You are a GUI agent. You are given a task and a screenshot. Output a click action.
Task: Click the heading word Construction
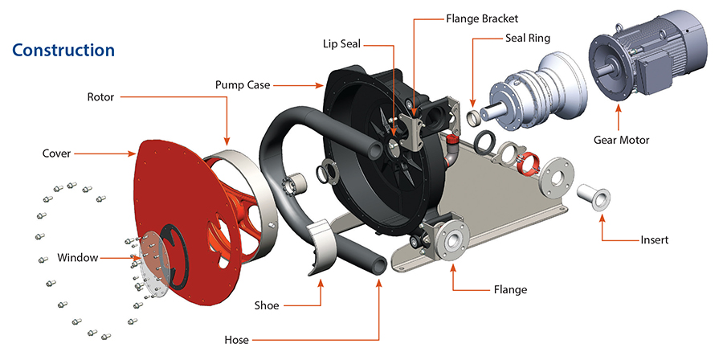click(63, 50)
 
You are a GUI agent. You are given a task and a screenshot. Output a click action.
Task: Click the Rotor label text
click(100, 97)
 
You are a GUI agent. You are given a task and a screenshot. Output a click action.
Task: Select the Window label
click(77, 258)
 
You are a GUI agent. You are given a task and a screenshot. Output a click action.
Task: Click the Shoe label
click(266, 305)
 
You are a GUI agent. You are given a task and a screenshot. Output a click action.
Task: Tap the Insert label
click(654, 239)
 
